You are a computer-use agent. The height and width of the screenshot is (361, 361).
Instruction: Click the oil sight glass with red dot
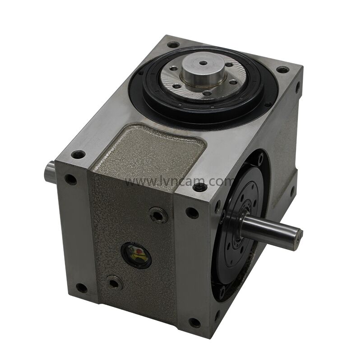[x=136, y=255]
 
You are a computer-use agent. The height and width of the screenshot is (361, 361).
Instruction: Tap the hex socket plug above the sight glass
[x=158, y=215]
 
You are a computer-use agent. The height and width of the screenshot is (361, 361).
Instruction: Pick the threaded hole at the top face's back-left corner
[x=173, y=45]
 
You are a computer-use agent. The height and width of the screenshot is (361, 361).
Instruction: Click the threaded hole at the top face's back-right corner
[x=282, y=70]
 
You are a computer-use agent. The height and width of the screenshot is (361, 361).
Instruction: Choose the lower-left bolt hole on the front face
[x=82, y=287]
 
